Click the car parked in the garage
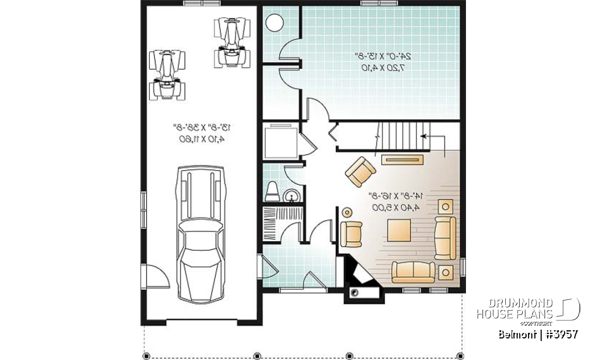click(201, 234)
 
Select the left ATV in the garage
click(168, 73)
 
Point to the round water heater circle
click(276, 23)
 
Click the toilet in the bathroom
click(274, 190)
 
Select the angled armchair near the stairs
click(361, 171)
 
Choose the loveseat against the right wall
click(445, 237)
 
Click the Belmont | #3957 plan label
click(537, 333)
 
